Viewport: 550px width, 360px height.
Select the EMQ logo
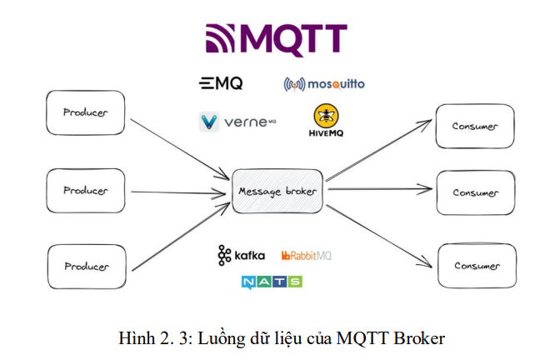tap(221, 83)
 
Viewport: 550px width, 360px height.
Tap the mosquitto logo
tap(324, 84)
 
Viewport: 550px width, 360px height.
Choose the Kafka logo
tap(242, 255)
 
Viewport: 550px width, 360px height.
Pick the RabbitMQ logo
tap(306, 255)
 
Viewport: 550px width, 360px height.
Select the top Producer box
tap(86, 112)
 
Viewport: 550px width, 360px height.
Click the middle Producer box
tap(86, 190)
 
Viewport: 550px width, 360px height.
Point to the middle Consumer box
tap(475, 192)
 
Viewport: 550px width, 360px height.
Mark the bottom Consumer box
tap(477, 266)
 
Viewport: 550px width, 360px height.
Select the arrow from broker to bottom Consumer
tap(379, 229)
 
